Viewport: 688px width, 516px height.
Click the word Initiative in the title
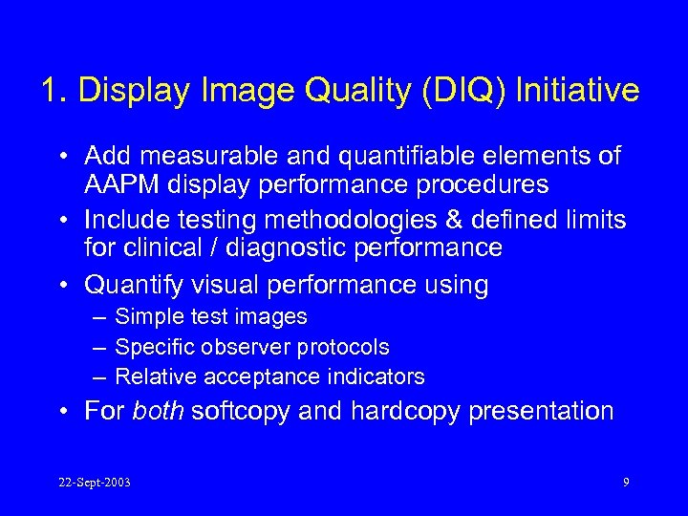pos(577,91)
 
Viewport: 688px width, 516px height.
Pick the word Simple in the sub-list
pos(145,316)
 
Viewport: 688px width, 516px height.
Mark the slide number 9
pos(626,482)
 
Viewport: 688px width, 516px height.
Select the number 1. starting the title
pos(54,91)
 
